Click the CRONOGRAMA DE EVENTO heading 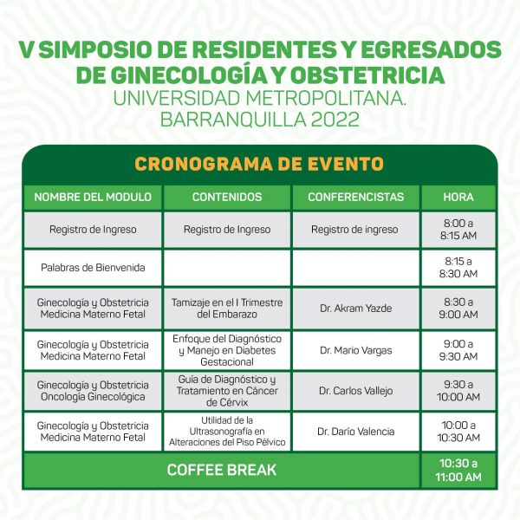(259, 164)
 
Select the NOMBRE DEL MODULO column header (93, 197)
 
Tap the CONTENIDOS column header (227, 197)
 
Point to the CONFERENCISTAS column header (356, 197)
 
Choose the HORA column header (458, 197)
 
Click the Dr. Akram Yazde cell (356, 309)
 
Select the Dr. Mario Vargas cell (356, 350)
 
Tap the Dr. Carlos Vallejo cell (356, 391)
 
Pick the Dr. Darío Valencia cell (356, 432)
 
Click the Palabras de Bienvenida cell (93, 268)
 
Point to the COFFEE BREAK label (222, 470)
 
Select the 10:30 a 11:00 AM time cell (458, 470)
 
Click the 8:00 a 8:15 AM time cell (458, 230)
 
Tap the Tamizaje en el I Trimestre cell (227, 309)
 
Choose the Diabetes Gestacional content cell (227, 350)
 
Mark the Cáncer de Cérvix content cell (227, 391)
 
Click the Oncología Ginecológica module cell (93, 391)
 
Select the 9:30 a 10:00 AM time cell (458, 391)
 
